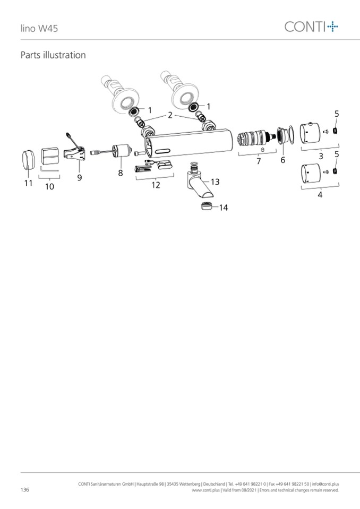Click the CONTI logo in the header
coord(311,27)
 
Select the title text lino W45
coord(39,28)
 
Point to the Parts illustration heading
coord(53,55)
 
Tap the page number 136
coord(24,489)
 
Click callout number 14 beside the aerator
coord(224,208)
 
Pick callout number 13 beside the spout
coord(215,182)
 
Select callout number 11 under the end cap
coord(29,183)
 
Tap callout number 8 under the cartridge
coord(121,173)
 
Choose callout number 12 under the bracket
coord(156,185)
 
